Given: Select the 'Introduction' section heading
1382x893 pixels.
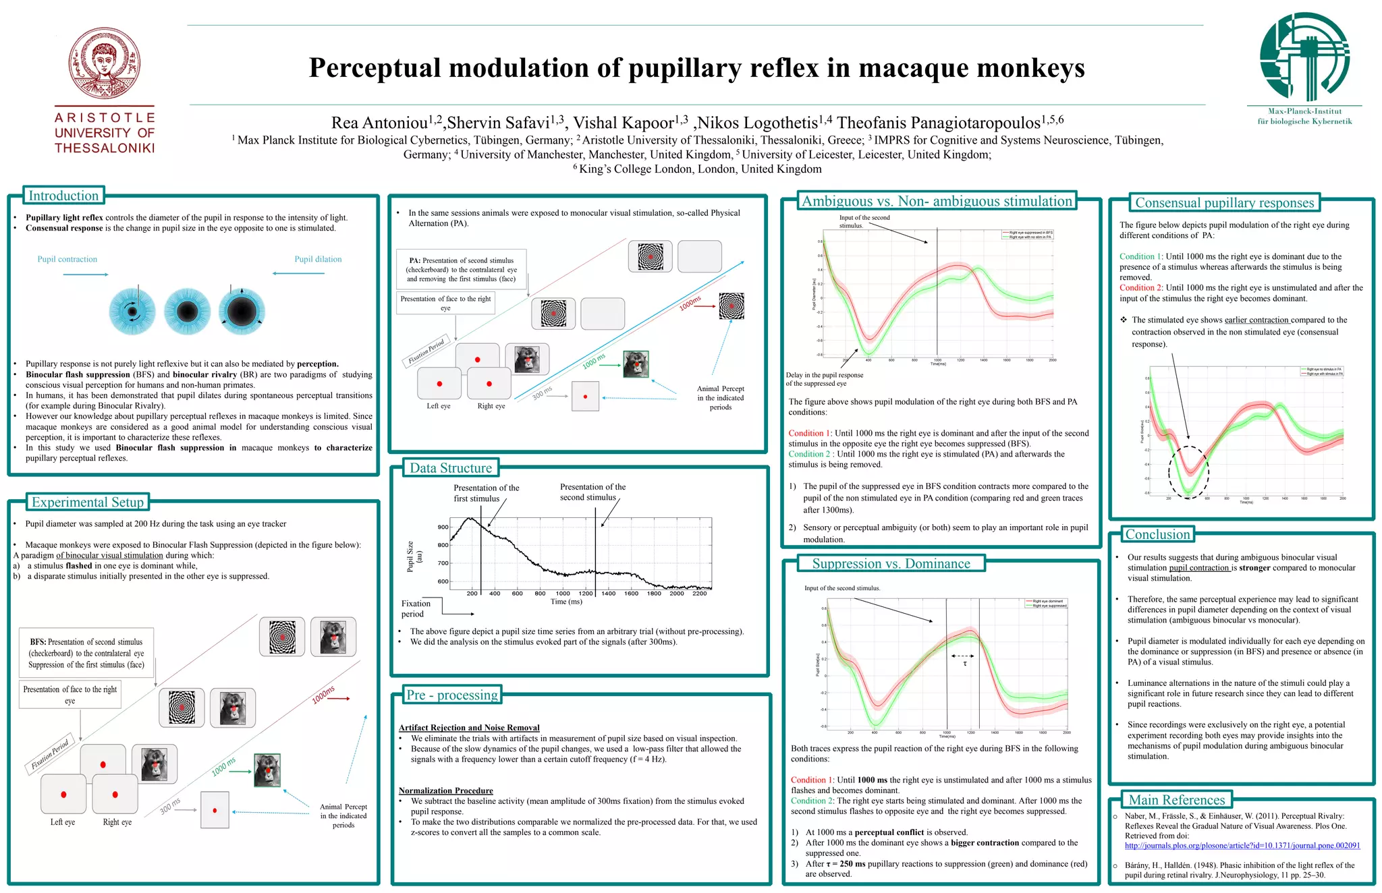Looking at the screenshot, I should click(x=63, y=196).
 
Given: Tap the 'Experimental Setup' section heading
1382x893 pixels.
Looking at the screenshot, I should click(x=88, y=502).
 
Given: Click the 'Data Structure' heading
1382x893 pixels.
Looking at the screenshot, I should click(x=451, y=468).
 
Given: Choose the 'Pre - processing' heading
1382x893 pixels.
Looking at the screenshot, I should click(x=452, y=695).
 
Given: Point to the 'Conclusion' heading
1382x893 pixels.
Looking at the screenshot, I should click(x=1158, y=534).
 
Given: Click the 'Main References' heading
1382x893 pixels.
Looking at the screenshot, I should click(x=1177, y=800).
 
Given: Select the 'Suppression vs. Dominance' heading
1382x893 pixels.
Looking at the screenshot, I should click(x=891, y=563).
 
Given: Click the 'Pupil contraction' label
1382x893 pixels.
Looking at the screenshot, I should click(x=67, y=259).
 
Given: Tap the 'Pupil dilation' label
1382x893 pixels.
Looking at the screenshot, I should click(x=318, y=259).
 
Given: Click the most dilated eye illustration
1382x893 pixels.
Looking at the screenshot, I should click(x=242, y=312).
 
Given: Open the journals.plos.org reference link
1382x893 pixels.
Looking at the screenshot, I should click(x=1242, y=846).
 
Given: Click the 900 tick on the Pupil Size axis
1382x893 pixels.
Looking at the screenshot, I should click(x=443, y=527).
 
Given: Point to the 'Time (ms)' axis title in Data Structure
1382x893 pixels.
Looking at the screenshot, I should click(x=566, y=602).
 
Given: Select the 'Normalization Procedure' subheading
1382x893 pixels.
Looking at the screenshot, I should click(x=445, y=790).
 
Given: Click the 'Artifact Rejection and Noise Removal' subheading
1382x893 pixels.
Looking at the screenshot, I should click(x=469, y=728).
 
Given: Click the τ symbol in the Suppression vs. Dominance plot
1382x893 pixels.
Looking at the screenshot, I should click(x=965, y=664).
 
